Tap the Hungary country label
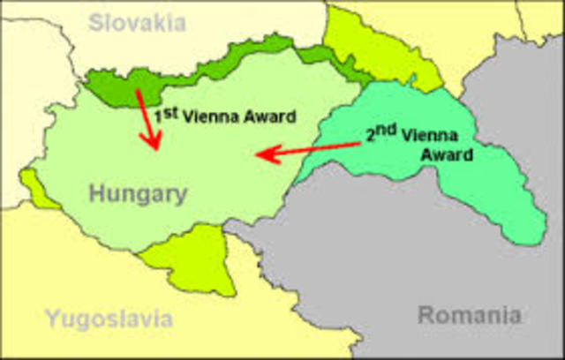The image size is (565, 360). (137, 194)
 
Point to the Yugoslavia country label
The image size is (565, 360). (109, 319)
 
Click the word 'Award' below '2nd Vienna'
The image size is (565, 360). (445, 155)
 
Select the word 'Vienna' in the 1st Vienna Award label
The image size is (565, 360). (208, 116)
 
